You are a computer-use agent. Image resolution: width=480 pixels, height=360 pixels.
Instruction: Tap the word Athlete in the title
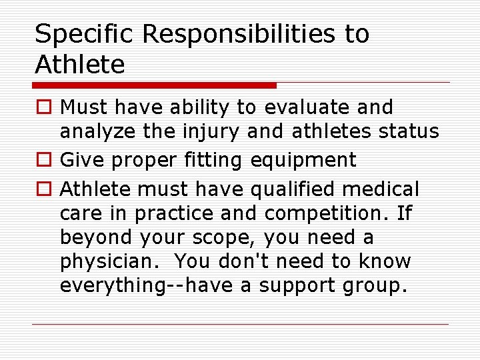[x=80, y=65]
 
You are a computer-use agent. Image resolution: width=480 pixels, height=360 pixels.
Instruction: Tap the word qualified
[x=297, y=190]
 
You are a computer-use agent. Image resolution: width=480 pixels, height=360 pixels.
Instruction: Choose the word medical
[x=387, y=190]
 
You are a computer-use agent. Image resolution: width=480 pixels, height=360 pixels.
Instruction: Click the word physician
[x=101, y=261]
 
